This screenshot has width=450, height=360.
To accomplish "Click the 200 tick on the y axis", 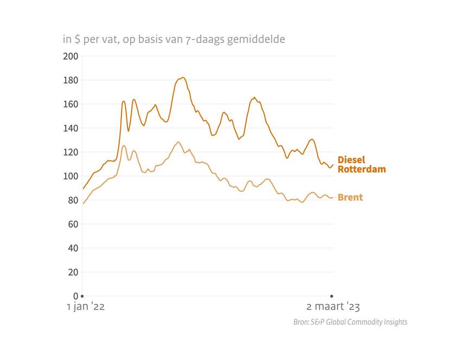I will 72,56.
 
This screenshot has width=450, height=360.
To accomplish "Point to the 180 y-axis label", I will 72,80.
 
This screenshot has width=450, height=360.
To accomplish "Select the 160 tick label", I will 72,104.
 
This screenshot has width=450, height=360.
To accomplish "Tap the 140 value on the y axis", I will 72,128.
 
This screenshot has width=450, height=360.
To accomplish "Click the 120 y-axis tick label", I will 72,152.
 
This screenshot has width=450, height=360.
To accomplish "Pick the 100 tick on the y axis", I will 72,176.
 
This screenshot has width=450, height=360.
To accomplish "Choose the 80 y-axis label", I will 73,200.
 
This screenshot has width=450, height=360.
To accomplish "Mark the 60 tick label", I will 73,224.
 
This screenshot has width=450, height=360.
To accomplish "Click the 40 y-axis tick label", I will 73,248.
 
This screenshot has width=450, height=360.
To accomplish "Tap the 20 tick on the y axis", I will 73,272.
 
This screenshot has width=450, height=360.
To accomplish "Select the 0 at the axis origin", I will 75,296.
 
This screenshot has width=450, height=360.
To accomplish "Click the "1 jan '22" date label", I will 86,307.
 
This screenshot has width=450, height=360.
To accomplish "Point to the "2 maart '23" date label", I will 333,307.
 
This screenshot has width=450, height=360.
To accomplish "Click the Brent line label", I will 350,197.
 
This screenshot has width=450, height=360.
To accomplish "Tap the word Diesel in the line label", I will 351,160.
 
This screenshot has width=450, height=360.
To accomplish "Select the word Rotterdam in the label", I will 362,169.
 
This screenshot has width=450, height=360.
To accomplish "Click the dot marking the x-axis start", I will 82,296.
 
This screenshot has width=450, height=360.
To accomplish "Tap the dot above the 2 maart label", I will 332,296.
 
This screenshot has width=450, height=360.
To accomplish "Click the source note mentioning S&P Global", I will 350,322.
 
